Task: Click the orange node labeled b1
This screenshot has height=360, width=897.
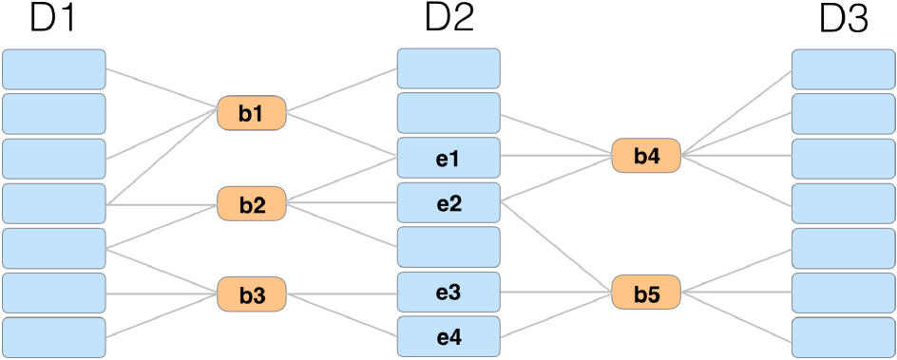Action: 251,113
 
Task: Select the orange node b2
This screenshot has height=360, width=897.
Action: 251,203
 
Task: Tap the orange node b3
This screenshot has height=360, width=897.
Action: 251,294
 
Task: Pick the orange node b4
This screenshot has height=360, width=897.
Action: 646,155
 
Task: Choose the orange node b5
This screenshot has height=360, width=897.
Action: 646,293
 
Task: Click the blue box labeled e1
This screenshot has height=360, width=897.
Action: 448,157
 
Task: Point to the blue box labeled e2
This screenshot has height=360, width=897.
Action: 448,201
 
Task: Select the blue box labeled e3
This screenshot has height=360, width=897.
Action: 448,292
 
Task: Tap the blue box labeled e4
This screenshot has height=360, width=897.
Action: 448,336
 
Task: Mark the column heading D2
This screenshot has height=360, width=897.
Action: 448,19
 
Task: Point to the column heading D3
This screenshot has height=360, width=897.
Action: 844,19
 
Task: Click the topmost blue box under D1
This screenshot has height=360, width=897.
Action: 53,68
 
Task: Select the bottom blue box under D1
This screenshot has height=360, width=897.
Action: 53,337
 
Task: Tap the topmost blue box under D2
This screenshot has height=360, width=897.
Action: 448,67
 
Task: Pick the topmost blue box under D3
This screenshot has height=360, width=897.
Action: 843,67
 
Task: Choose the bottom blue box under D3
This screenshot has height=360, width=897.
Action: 843,337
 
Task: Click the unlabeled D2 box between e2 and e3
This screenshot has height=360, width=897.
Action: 448,247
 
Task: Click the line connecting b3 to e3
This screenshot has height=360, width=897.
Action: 342,294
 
